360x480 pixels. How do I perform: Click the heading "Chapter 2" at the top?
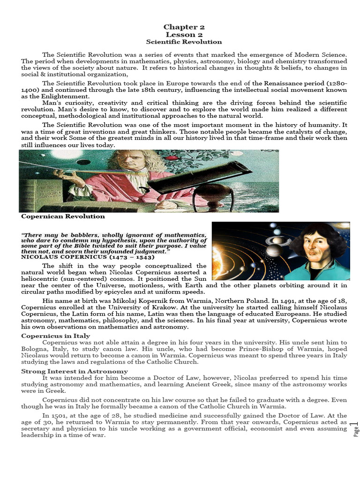[184, 27]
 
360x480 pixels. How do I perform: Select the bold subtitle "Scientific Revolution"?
[184, 42]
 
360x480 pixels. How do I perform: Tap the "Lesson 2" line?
[184, 35]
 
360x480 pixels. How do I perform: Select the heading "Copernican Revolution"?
[63, 217]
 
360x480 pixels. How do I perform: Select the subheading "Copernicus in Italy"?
[55, 336]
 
